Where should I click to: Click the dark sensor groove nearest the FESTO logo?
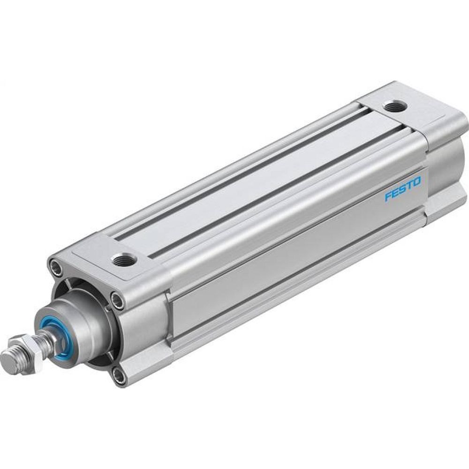pos(281,188)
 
